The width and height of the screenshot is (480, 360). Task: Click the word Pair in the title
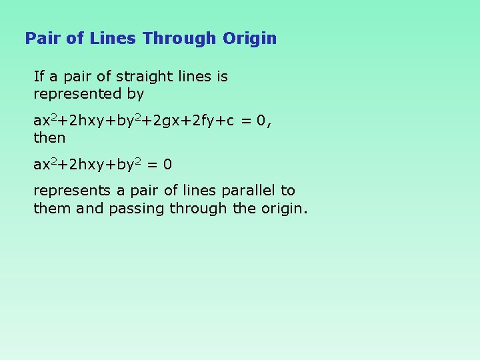(x=43, y=38)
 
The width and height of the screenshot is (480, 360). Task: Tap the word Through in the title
(x=179, y=38)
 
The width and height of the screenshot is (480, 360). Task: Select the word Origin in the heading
(x=249, y=38)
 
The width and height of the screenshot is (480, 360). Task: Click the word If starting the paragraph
(x=39, y=77)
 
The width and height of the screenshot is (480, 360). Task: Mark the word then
(x=49, y=138)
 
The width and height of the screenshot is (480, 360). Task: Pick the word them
(x=53, y=208)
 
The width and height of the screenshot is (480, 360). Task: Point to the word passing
(x=137, y=208)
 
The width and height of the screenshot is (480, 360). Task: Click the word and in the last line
(x=90, y=208)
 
